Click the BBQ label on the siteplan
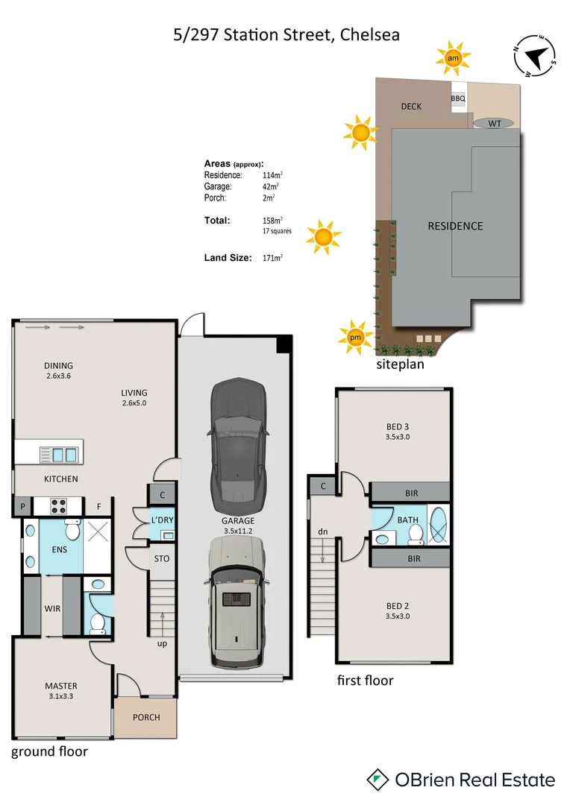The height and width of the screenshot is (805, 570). coord(458,98)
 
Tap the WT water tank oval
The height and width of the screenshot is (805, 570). coord(494,123)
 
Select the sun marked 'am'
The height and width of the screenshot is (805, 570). coord(452,57)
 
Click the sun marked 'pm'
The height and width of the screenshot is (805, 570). coord(356,337)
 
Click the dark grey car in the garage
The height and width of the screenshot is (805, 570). coord(238,443)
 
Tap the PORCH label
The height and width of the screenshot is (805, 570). coord(146,718)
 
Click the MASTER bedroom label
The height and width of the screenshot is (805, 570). coord(60,686)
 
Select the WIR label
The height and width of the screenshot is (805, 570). coord(52,608)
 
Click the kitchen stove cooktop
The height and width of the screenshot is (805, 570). coord(60,506)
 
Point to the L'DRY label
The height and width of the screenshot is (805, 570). coord(162,520)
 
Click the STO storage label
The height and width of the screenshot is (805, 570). coord(162,558)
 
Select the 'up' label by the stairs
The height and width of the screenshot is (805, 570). coord(162,643)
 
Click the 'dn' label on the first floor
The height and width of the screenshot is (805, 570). coord(322,531)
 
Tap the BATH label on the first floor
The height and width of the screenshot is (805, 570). coord(407,520)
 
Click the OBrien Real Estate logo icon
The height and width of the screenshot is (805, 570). coord(378,780)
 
